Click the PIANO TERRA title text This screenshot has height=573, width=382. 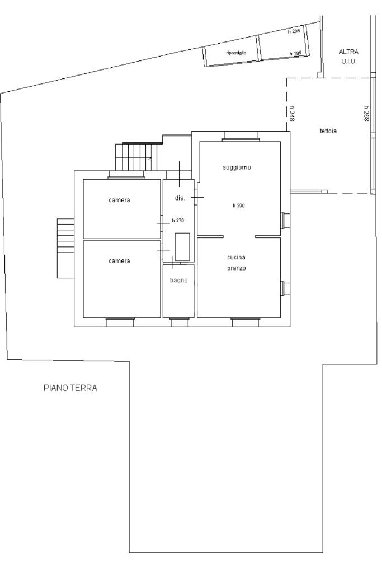tap(70, 388)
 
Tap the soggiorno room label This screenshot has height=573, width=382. tap(237, 167)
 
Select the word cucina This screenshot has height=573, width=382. tap(236, 257)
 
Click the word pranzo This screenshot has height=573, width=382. tap(237, 268)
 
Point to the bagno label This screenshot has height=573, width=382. tap(179, 280)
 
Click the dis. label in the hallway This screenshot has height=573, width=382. tap(180, 198)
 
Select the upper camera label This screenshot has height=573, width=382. tap(119, 201)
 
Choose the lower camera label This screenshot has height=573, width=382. tap(119, 261)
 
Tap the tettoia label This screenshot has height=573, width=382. tap(328, 131)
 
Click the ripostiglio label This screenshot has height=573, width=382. tap(236, 53)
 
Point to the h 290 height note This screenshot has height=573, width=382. tap(239, 206)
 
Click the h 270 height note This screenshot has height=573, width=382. tap(178, 221)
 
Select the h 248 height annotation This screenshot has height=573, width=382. tap(292, 113)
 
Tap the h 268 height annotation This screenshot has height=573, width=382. tap(366, 113)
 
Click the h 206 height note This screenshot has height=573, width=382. tap(294, 31)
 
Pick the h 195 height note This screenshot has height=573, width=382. tap(295, 54)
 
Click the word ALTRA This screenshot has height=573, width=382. tap(348, 52)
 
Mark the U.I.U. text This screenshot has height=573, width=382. tap(349, 62)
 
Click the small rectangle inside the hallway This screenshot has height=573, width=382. tap(182, 247)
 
